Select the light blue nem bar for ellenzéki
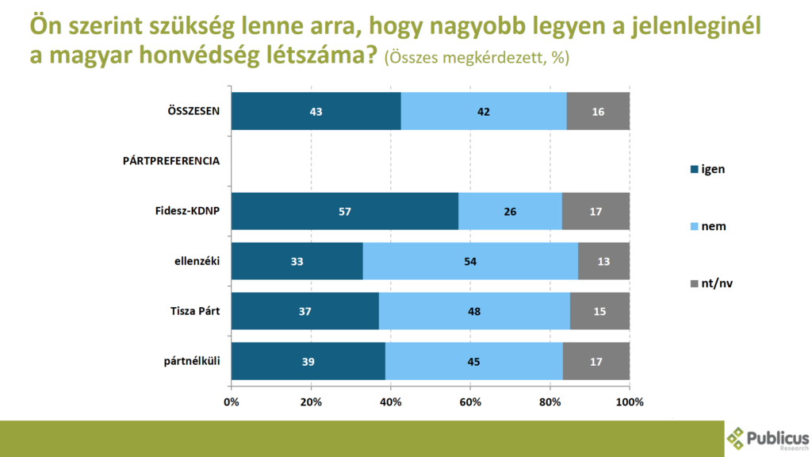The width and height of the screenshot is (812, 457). pyautogui.click(x=470, y=261)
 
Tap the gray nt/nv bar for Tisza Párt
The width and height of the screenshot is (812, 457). pyautogui.click(x=599, y=311)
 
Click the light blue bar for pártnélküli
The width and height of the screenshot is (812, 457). pyautogui.click(x=473, y=361)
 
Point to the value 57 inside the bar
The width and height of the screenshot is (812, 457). pyautogui.click(x=344, y=211)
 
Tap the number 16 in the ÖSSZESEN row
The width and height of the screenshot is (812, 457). pyautogui.click(x=598, y=111)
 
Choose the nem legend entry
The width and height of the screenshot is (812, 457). pyautogui.click(x=708, y=226)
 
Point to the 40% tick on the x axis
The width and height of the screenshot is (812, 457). pyautogui.click(x=391, y=401)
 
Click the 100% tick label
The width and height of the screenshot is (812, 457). pyautogui.click(x=630, y=401)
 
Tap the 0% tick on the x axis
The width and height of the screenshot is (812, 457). pyautogui.click(x=232, y=401)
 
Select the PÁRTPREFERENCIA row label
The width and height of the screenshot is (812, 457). pyautogui.click(x=170, y=161)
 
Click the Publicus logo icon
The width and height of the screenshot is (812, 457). pyautogui.click(x=737, y=438)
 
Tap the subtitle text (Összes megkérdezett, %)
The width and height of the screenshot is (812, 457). pyautogui.click(x=476, y=60)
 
